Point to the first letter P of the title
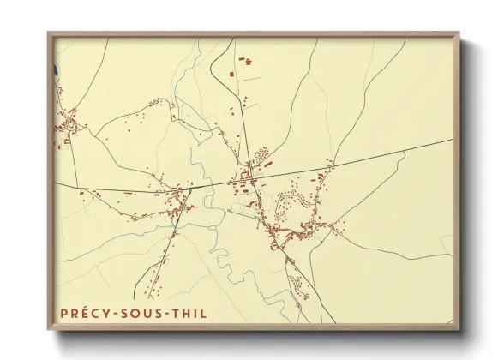pos(63,314)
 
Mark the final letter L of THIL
pos(204,314)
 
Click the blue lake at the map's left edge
pos(54,71)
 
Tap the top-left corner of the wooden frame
pos(48,33)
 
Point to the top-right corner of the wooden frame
pos(459,33)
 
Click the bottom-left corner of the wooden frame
pos(48,329)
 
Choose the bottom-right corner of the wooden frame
pos(459,329)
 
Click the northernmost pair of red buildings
pos(243,61)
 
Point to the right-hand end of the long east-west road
pos(451,139)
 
